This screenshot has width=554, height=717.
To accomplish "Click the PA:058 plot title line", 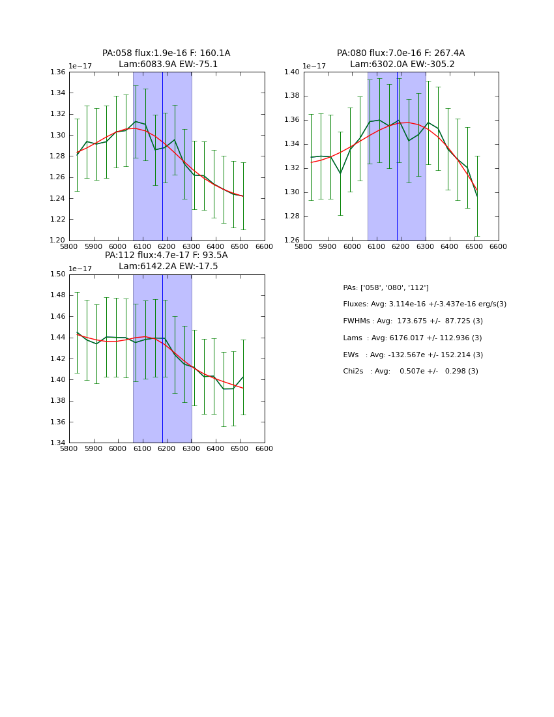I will (166, 53).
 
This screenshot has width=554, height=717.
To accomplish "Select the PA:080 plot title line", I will (401, 53).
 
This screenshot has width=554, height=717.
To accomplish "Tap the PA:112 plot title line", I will (166, 256).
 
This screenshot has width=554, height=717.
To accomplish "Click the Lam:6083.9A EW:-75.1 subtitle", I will (168, 65).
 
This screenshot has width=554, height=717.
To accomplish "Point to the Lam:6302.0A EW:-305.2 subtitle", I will (402, 65).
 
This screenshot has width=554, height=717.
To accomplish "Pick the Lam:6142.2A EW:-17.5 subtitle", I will (168, 267).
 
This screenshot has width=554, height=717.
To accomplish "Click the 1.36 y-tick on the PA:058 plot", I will (58, 72).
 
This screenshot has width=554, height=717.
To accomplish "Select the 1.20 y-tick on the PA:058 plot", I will (58, 241).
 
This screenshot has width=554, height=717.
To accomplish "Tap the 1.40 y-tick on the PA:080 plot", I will (293, 72).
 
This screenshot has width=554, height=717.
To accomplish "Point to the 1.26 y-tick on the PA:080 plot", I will (293, 241).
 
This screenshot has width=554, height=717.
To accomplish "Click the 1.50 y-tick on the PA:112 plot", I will (58, 274).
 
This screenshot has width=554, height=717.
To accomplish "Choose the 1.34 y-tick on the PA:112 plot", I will (58, 443).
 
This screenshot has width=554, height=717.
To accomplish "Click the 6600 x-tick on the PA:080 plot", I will (498, 247).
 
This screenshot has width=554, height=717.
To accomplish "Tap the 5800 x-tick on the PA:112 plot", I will (69, 449).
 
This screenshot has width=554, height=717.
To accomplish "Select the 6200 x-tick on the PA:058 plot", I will (167, 247).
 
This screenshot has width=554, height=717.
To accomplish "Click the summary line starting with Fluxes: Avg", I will (424, 304).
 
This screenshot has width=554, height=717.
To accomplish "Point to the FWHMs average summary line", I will (413, 321).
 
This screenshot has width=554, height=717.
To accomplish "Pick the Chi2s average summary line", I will (411, 372).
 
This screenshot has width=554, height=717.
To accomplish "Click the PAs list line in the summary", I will (386, 288).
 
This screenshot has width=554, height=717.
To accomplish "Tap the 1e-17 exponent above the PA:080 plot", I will (314, 66).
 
